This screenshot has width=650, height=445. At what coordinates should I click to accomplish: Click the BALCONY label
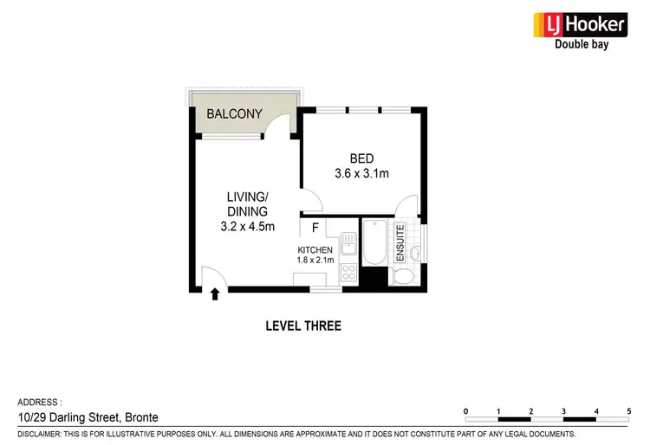point(234,114)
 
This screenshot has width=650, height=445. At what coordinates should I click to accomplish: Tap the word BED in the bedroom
point(361,158)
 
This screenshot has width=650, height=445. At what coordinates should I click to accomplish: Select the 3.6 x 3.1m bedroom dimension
point(361,173)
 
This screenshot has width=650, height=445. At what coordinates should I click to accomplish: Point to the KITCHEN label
point(315,250)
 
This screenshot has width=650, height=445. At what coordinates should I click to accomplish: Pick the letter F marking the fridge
point(315,229)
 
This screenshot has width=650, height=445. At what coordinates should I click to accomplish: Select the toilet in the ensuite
point(404,277)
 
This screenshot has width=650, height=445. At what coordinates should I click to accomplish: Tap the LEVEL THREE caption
point(302,326)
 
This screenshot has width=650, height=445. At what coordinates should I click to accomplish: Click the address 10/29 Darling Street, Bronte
point(88,417)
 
